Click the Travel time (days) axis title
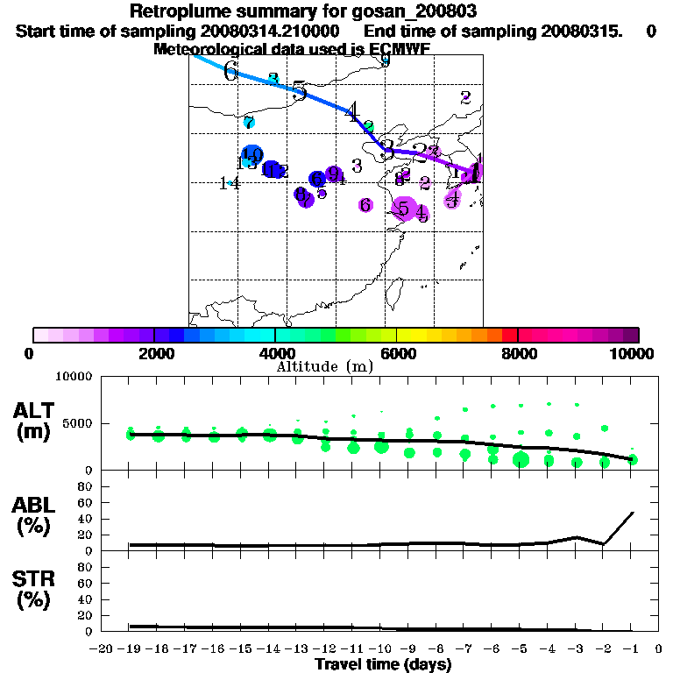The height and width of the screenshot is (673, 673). tap(383, 664)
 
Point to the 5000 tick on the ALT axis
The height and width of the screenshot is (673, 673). tap(80, 423)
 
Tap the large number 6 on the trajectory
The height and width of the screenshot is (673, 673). tap(230, 72)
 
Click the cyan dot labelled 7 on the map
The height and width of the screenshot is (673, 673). tap(249, 123)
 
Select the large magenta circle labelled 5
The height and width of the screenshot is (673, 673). tap(404, 209)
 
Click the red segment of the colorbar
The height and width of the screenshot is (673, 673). tap(509, 335)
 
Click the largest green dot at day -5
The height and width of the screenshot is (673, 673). tap(521, 460)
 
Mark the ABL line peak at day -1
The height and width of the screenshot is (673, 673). tap(632, 513)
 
